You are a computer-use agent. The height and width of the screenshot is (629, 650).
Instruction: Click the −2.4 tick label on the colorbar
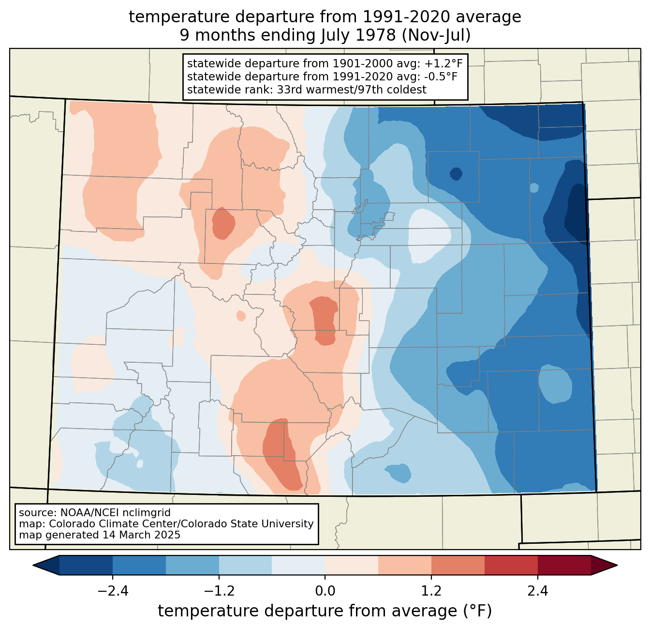[x=112, y=591]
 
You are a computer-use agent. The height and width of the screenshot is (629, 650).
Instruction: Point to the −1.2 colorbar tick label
[x=219, y=591]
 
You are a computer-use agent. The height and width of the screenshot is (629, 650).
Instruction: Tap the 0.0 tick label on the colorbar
[x=325, y=591]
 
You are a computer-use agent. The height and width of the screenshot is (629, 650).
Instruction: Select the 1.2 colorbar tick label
[x=431, y=591]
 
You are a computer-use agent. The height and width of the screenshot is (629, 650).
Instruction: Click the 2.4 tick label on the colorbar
[x=537, y=591]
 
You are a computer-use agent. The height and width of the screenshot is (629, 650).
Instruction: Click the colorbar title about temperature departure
[x=325, y=611]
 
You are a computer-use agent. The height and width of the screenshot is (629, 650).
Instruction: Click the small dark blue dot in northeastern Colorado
[x=456, y=173]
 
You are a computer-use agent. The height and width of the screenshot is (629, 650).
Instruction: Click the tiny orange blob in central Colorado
[x=241, y=316]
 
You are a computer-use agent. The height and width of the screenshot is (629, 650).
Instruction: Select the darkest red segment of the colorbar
[x=564, y=565]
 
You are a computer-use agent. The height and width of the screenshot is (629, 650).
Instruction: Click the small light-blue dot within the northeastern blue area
[x=534, y=187]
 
